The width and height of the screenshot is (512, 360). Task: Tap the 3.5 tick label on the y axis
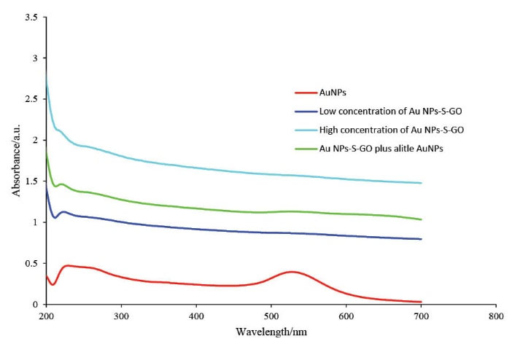(31, 17)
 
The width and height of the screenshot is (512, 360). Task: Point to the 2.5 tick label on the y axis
(31, 99)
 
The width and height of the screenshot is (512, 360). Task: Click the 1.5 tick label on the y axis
(31, 181)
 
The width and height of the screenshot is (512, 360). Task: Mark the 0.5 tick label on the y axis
(31, 263)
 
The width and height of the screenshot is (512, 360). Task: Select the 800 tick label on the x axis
(496, 317)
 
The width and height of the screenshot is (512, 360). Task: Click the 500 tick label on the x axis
(271, 317)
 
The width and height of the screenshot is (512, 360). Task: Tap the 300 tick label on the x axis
(121, 317)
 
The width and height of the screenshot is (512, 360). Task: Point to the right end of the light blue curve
(422, 183)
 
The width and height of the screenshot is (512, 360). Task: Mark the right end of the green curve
(422, 219)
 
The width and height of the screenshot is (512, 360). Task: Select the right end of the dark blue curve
(422, 239)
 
